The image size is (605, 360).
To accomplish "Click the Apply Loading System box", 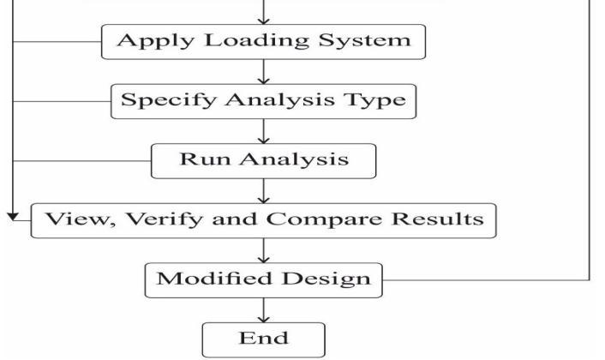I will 264,42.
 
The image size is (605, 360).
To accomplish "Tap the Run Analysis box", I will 264,159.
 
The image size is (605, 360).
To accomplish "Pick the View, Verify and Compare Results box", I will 264,219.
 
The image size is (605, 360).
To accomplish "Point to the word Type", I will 379,101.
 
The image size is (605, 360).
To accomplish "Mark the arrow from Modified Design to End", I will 264,308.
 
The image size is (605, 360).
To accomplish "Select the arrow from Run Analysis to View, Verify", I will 264,189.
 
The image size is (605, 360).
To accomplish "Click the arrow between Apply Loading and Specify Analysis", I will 264,71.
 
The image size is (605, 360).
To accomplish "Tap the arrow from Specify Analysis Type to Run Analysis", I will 264,129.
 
